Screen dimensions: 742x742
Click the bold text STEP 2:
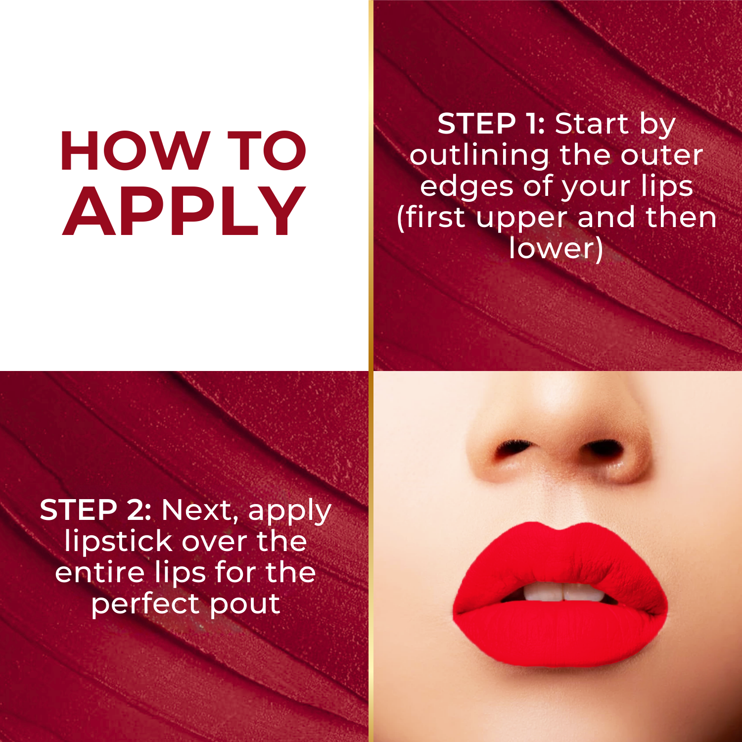(x=95, y=510)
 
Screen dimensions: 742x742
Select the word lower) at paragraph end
(x=556, y=248)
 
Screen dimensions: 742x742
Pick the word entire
(x=99, y=572)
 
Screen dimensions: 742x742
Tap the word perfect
(x=144, y=604)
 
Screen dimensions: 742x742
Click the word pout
(x=245, y=604)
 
